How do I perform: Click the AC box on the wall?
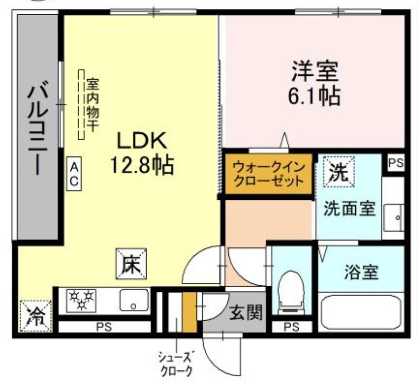(74, 174)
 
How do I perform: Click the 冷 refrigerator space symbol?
(36, 315)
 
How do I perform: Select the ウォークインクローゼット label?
(268, 175)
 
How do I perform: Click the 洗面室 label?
(348, 208)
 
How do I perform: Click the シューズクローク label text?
(176, 364)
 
